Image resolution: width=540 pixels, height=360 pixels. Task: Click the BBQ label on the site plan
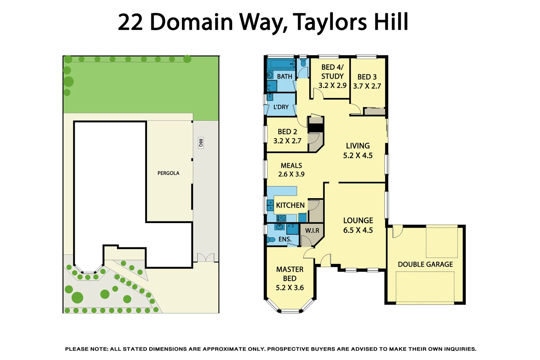(201, 143)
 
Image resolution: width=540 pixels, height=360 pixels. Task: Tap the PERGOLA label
(168, 173)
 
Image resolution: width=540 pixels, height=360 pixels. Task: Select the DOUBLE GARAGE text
(425, 264)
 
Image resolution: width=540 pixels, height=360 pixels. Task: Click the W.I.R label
(312, 231)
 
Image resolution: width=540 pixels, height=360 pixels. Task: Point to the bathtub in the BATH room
(281, 64)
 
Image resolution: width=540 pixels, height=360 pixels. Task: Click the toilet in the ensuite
(271, 239)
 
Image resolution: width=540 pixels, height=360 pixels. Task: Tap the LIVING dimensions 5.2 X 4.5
(358, 155)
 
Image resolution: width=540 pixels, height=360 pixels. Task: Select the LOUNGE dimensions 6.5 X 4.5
(358, 230)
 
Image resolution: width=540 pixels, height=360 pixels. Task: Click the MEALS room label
(291, 166)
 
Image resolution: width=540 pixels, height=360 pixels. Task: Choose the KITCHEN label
(290, 205)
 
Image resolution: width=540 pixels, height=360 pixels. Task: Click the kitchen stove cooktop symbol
(282, 218)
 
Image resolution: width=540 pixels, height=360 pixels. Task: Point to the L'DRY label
(281, 107)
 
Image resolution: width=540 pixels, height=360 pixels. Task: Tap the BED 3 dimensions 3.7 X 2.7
(367, 86)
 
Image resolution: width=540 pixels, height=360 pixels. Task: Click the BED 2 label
(287, 132)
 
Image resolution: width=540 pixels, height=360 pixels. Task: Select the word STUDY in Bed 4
(332, 76)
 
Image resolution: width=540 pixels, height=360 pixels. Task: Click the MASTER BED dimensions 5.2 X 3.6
(290, 288)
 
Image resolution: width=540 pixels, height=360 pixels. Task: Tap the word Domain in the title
(192, 22)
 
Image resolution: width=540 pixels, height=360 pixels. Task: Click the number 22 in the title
(130, 22)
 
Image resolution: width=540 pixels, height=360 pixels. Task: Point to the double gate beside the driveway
(206, 257)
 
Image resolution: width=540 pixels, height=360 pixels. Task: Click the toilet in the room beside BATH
(303, 63)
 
